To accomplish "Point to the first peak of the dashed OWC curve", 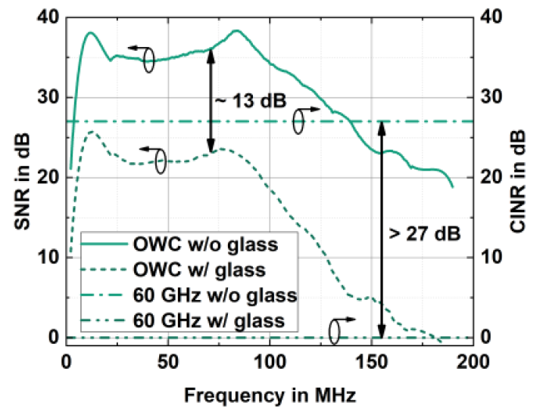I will (x=92, y=132).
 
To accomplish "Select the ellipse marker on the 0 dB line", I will (x=335, y=329).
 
